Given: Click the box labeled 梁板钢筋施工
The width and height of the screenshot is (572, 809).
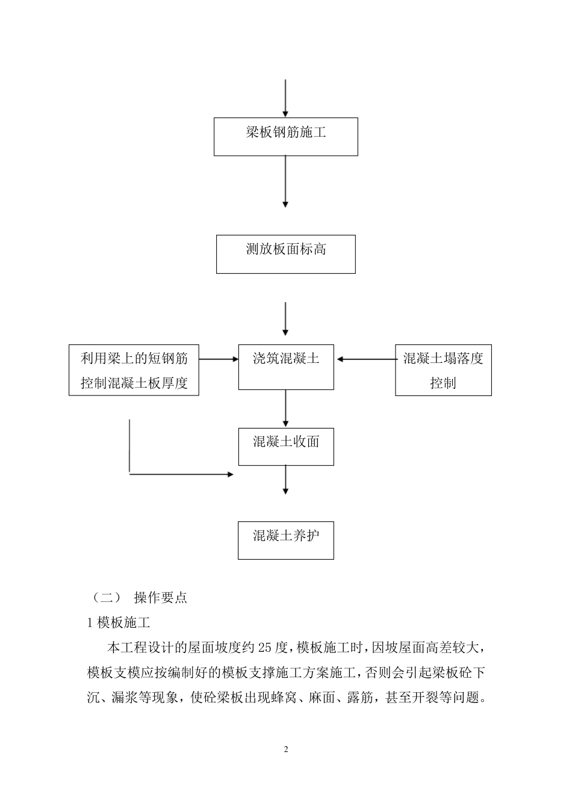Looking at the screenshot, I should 285,137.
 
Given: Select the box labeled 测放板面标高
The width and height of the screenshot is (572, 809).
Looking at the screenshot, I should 285,254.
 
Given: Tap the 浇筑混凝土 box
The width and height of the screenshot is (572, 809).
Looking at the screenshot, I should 285,367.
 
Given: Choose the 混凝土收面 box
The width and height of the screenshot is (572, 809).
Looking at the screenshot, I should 285,446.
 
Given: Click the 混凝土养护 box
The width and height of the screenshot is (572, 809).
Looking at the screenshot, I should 285,540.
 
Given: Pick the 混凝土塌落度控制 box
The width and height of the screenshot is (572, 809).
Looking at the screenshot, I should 443,370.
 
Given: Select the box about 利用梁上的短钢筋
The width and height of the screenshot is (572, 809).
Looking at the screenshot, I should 134,370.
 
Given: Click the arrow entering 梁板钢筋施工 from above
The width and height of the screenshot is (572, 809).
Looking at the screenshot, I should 285,98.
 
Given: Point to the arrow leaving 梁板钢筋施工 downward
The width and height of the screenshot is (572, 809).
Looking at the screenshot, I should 285,181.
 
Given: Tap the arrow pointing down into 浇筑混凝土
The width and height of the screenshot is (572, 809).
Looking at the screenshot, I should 285,318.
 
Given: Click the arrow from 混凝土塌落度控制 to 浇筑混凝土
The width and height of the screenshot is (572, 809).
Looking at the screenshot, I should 365,359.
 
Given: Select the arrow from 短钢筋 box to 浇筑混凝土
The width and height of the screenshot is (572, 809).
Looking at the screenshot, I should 219,359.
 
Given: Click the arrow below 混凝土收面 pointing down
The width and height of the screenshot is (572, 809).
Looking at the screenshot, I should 285,480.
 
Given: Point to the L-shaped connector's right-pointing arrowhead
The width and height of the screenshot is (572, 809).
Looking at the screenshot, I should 229,474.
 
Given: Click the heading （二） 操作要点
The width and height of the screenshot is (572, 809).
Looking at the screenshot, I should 139,598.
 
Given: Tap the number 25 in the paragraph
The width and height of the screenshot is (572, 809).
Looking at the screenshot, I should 264,648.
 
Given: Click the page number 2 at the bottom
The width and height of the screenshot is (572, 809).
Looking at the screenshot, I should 286,750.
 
